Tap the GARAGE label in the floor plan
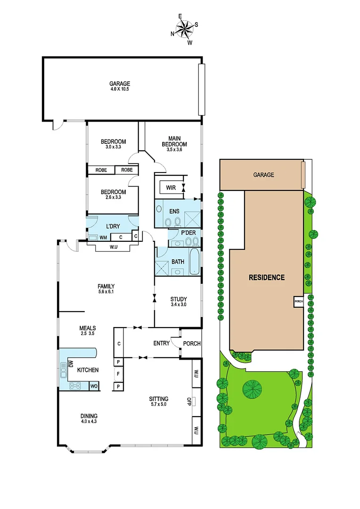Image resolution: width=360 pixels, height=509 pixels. click(120, 84)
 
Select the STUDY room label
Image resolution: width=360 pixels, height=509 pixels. click(179, 299)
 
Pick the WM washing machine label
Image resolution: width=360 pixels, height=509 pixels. click(103, 238)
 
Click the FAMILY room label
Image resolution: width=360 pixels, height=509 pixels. click(106, 286)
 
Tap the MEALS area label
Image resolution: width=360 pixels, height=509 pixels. click(88, 328)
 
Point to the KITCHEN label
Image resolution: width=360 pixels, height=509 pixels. click(88, 370)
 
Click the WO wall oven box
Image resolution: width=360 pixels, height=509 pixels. click(94, 386)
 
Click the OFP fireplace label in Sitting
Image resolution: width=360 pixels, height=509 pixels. click(189, 402)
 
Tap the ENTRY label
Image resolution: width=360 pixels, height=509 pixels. click(161, 343)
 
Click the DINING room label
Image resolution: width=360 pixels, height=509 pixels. click(89, 416)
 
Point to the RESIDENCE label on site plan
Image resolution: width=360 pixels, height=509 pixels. click(267, 277)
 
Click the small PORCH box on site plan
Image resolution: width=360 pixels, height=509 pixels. click(298, 302)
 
